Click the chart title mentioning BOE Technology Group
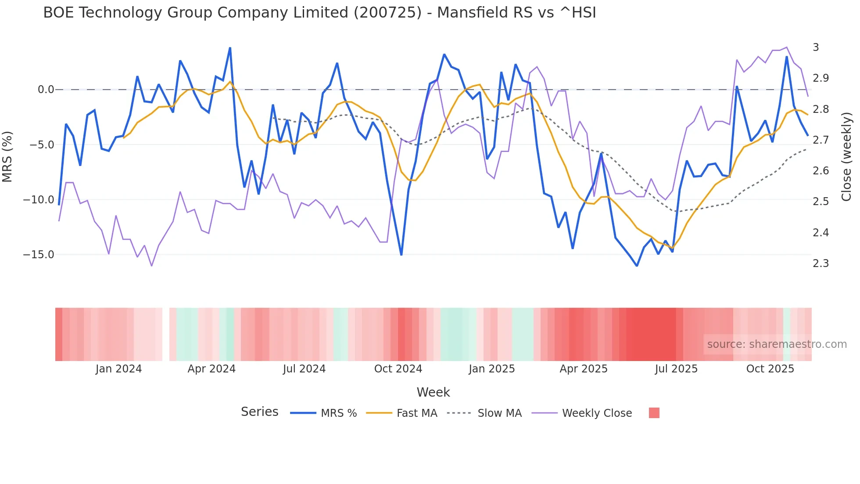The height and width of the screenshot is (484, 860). pyautogui.click(x=319, y=13)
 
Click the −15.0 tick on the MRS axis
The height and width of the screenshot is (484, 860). pyautogui.click(x=39, y=255)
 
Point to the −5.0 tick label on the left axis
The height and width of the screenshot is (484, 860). pyautogui.click(x=41, y=145)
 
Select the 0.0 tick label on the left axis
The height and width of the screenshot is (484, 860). pyautogui.click(x=46, y=90)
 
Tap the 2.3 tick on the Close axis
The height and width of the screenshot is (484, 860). pyautogui.click(x=821, y=264)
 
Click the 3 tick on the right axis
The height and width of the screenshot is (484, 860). pyautogui.click(x=816, y=47)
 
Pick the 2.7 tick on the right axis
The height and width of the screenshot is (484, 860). pyautogui.click(x=821, y=140)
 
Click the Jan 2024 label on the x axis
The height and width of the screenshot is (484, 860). pyautogui.click(x=118, y=369)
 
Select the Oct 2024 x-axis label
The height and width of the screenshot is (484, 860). pyautogui.click(x=398, y=369)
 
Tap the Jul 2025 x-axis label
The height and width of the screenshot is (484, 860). pyautogui.click(x=676, y=369)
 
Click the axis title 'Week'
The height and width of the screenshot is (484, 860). pyautogui.click(x=433, y=392)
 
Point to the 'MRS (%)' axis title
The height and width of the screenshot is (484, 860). pyautogui.click(x=7, y=156)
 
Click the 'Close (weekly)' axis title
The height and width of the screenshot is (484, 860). pyautogui.click(x=846, y=156)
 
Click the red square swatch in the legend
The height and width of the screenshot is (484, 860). pyautogui.click(x=654, y=413)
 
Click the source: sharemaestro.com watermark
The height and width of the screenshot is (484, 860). pyautogui.click(x=777, y=344)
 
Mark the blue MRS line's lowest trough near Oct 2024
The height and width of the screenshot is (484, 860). pyautogui.click(x=401, y=254)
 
